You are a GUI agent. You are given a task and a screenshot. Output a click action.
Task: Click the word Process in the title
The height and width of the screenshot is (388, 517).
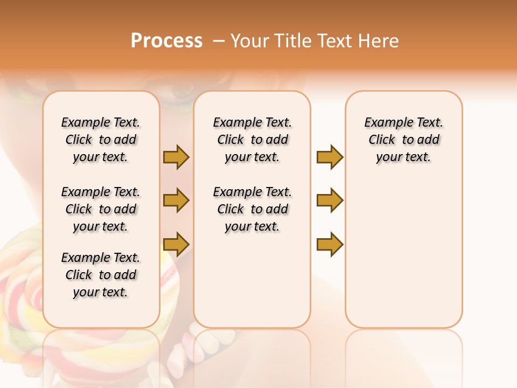coord(166,41)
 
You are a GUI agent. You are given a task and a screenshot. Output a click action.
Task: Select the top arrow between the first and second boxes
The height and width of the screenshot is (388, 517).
coord(176,157)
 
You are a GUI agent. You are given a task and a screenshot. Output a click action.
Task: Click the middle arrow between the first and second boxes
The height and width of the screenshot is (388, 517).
coord(176,200)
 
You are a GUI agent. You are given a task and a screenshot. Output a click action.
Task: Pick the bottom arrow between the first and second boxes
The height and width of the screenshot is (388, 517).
coord(176,244)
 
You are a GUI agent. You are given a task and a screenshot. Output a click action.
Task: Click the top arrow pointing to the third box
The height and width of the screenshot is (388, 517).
coord(330,157)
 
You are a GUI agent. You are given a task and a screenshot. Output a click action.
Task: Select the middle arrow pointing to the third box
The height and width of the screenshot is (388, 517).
coord(330,200)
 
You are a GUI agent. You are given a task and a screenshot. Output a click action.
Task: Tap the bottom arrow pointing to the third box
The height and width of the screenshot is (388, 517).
coord(330,244)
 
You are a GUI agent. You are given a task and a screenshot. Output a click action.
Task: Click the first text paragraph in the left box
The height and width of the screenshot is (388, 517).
coord(101,140)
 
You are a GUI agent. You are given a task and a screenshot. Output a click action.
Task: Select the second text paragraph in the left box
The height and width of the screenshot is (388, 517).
coord(101,209)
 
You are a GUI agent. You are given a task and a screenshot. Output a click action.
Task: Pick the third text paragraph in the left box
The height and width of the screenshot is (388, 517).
coord(101,275)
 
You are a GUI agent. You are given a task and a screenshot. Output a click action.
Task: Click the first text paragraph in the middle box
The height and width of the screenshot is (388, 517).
coord(252,140)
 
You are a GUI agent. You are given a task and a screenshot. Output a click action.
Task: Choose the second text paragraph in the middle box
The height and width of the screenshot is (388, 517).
coord(252,209)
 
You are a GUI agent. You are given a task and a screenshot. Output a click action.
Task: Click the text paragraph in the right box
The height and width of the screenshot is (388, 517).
coord(403,140)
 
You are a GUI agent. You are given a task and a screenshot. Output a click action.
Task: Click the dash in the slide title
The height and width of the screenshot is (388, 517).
coord(219,41)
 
